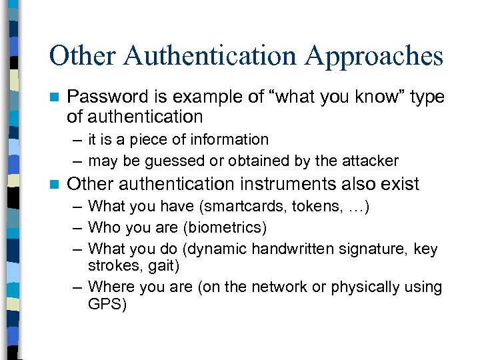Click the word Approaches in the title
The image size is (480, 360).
coord(374,57)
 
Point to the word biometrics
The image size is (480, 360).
coord(225,228)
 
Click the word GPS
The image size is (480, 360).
coord(107,304)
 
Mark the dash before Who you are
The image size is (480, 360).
coord(77,228)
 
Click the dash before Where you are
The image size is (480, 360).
coord(77,287)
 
